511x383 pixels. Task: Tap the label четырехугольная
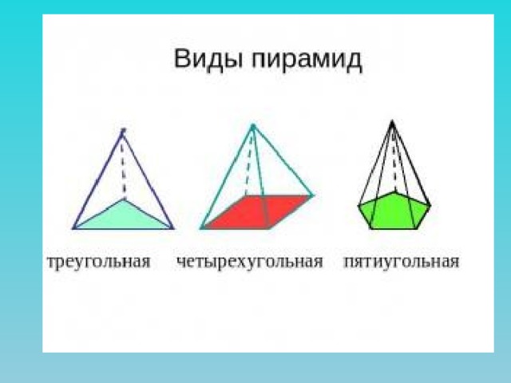click(249, 263)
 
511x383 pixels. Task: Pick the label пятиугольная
click(401, 263)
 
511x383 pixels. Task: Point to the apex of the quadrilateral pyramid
click(253, 126)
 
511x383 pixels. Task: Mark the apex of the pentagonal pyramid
click(392, 122)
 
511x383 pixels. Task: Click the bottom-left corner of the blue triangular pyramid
click(73, 229)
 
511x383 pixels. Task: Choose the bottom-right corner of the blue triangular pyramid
click(173, 229)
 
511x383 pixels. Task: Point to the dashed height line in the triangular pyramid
click(124, 164)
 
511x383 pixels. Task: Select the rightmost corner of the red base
click(313, 195)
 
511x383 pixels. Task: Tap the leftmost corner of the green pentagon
click(359, 206)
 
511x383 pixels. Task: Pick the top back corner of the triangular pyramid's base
click(125, 198)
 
